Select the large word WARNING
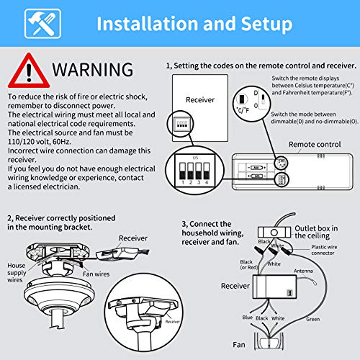click(x=91, y=71)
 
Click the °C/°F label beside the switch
click(x=265, y=110)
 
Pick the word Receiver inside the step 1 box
click(x=199, y=99)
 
